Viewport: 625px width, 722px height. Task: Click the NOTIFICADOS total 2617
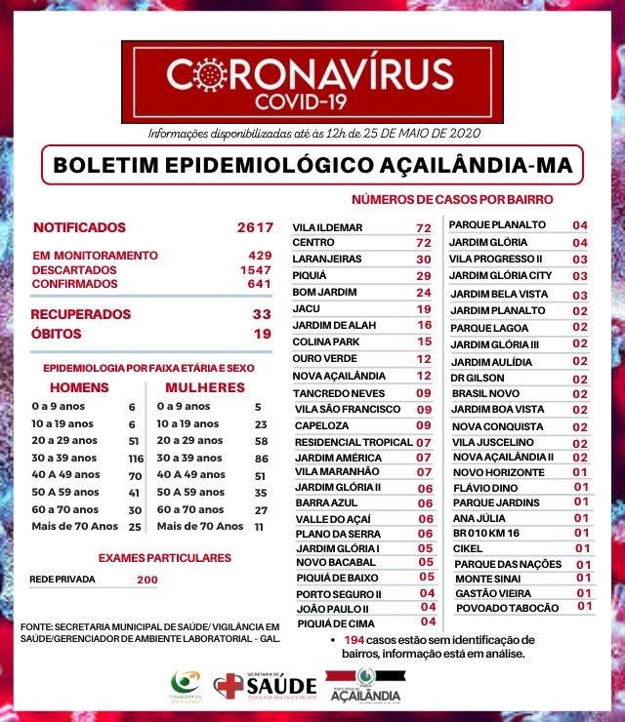pos(254,227)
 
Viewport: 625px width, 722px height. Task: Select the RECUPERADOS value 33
pos(261,314)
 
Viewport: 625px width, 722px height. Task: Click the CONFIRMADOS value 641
pos(259,283)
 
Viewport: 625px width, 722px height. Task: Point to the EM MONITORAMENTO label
pos(94,255)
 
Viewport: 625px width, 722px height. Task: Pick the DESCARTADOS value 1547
pos(256,269)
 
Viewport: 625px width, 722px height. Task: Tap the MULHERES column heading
pos(197,387)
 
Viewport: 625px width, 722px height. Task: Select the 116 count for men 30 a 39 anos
pos(135,459)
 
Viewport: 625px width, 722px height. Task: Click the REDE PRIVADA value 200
pos(147,580)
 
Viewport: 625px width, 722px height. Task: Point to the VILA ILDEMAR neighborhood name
pos(327,228)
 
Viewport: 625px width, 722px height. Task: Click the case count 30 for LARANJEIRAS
pos(423,260)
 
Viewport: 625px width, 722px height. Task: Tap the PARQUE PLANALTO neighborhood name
pos(497,224)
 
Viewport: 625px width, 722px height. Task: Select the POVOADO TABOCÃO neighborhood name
pos(507,608)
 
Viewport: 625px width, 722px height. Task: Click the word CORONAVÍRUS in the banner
pos(310,74)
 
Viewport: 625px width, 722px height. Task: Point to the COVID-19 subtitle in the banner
pos(310,100)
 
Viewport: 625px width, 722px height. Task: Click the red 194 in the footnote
pos(354,639)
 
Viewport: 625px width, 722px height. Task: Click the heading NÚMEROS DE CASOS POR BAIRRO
pos(452,198)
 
